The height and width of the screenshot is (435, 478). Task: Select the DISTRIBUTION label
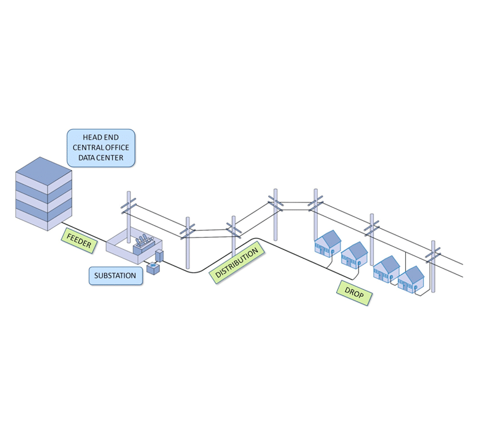[x=236, y=263]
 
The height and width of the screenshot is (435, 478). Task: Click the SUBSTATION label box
[x=116, y=275]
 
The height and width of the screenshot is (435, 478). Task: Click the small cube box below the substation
[x=152, y=268]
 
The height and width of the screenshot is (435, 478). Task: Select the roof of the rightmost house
[x=411, y=273]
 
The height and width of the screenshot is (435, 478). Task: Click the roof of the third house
[x=386, y=263]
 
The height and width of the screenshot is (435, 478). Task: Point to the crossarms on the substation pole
[x=128, y=204]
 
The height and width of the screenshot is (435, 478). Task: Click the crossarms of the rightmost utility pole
[x=434, y=251]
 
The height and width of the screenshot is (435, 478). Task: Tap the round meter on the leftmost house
[x=332, y=252]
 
